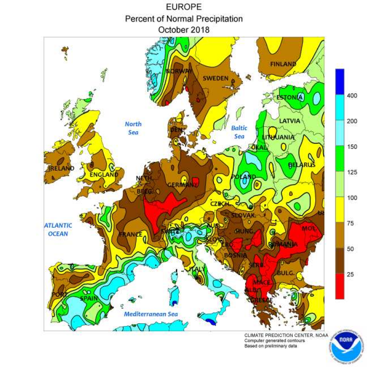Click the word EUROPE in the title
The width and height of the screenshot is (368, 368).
tap(184, 7)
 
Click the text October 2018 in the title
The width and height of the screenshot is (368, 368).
tap(184, 30)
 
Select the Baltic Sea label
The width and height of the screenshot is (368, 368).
tap(239, 132)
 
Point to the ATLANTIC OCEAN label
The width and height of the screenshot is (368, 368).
tap(58, 229)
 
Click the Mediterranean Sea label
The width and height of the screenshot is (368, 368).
tap(151, 314)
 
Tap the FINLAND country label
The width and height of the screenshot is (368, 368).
tap(283, 64)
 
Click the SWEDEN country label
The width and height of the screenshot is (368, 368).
tap(215, 78)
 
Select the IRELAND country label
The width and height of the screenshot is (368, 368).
tap(61, 169)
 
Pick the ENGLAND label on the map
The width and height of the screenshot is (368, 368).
tap(104, 174)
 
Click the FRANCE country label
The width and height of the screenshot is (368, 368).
tap(130, 235)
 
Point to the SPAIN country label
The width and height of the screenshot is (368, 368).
tap(89, 299)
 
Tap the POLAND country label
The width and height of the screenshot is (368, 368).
tap(243, 177)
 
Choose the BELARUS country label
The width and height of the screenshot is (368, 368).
tap(302, 165)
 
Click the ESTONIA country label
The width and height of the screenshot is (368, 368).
tap(289, 97)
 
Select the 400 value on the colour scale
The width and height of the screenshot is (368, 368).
tap(352, 95)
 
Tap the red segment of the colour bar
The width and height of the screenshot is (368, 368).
tap(340, 286)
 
